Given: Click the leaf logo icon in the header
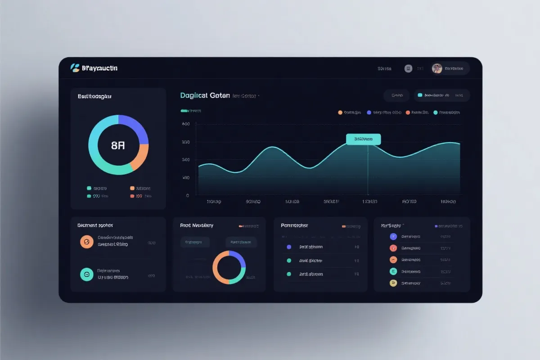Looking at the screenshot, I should [x=75, y=68].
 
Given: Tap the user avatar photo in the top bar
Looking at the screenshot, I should [x=437, y=68].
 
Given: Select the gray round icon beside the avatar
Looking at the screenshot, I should [x=408, y=68].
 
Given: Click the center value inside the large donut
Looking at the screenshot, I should [x=118, y=145].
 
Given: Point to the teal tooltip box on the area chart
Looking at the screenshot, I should [x=363, y=139].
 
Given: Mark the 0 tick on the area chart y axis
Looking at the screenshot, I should [x=187, y=196].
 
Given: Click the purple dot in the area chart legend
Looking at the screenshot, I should [x=369, y=112].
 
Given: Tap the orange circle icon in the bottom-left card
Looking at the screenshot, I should [x=86, y=242].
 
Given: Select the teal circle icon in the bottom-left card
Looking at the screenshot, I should [x=86, y=274].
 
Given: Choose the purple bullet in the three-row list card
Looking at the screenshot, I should [x=289, y=247].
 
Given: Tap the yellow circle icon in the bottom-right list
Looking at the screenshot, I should [x=393, y=283].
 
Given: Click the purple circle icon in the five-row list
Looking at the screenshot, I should [x=393, y=236].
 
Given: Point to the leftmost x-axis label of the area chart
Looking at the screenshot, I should [x=213, y=202].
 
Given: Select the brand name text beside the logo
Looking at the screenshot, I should [x=100, y=68].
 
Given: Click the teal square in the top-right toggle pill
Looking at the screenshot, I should [x=420, y=95].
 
